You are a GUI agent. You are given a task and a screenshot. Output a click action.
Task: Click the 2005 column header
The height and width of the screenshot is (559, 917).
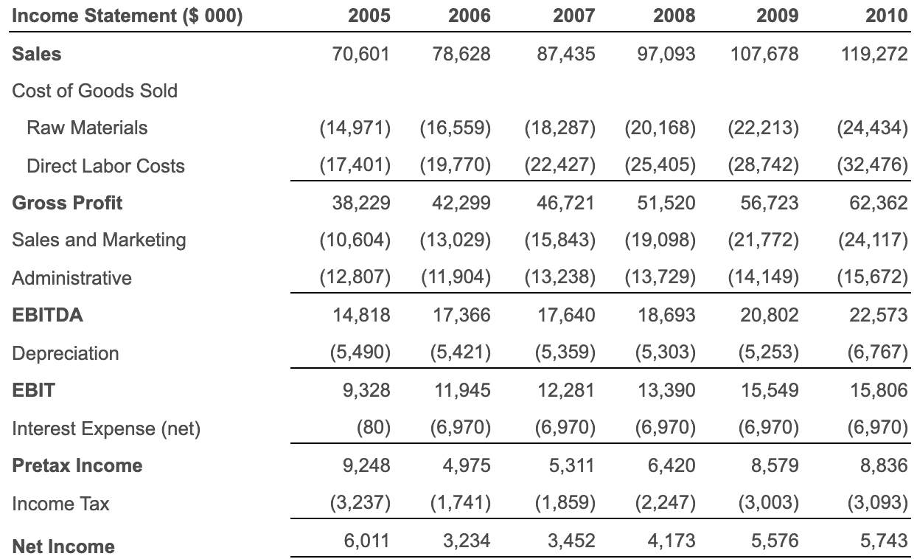click(369, 15)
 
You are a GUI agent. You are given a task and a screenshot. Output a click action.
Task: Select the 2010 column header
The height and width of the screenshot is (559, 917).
click(887, 15)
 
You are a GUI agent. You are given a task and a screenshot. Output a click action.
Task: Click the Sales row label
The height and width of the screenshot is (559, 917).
click(37, 54)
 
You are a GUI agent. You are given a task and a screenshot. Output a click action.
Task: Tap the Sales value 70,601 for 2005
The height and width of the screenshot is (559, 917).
click(361, 54)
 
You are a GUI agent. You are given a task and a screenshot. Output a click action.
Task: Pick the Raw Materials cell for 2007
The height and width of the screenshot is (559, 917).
click(559, 128)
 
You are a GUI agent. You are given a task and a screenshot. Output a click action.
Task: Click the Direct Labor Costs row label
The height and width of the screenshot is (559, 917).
click(105, 166)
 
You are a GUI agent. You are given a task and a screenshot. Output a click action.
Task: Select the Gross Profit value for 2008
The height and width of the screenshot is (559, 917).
click(666, 203)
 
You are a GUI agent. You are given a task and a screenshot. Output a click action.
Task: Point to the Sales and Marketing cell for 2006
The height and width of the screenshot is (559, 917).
click(456, 240)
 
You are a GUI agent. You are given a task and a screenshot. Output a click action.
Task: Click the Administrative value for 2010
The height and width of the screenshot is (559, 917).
click(873, 278)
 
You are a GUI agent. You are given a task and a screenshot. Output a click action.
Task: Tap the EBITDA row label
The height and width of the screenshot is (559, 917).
click(48, 316)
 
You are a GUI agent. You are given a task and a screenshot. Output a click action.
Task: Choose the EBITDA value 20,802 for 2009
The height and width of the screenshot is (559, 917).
click(770, 316)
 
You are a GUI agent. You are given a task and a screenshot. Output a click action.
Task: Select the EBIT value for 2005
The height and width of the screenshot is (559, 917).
click(366, 390)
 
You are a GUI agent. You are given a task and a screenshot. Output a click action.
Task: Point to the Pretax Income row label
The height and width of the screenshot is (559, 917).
click(77, 466)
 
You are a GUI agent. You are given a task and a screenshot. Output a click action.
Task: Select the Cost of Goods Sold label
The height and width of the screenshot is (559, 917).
click(95, 91)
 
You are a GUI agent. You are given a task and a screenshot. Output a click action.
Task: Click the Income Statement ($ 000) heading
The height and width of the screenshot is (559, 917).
click(128, 15)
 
